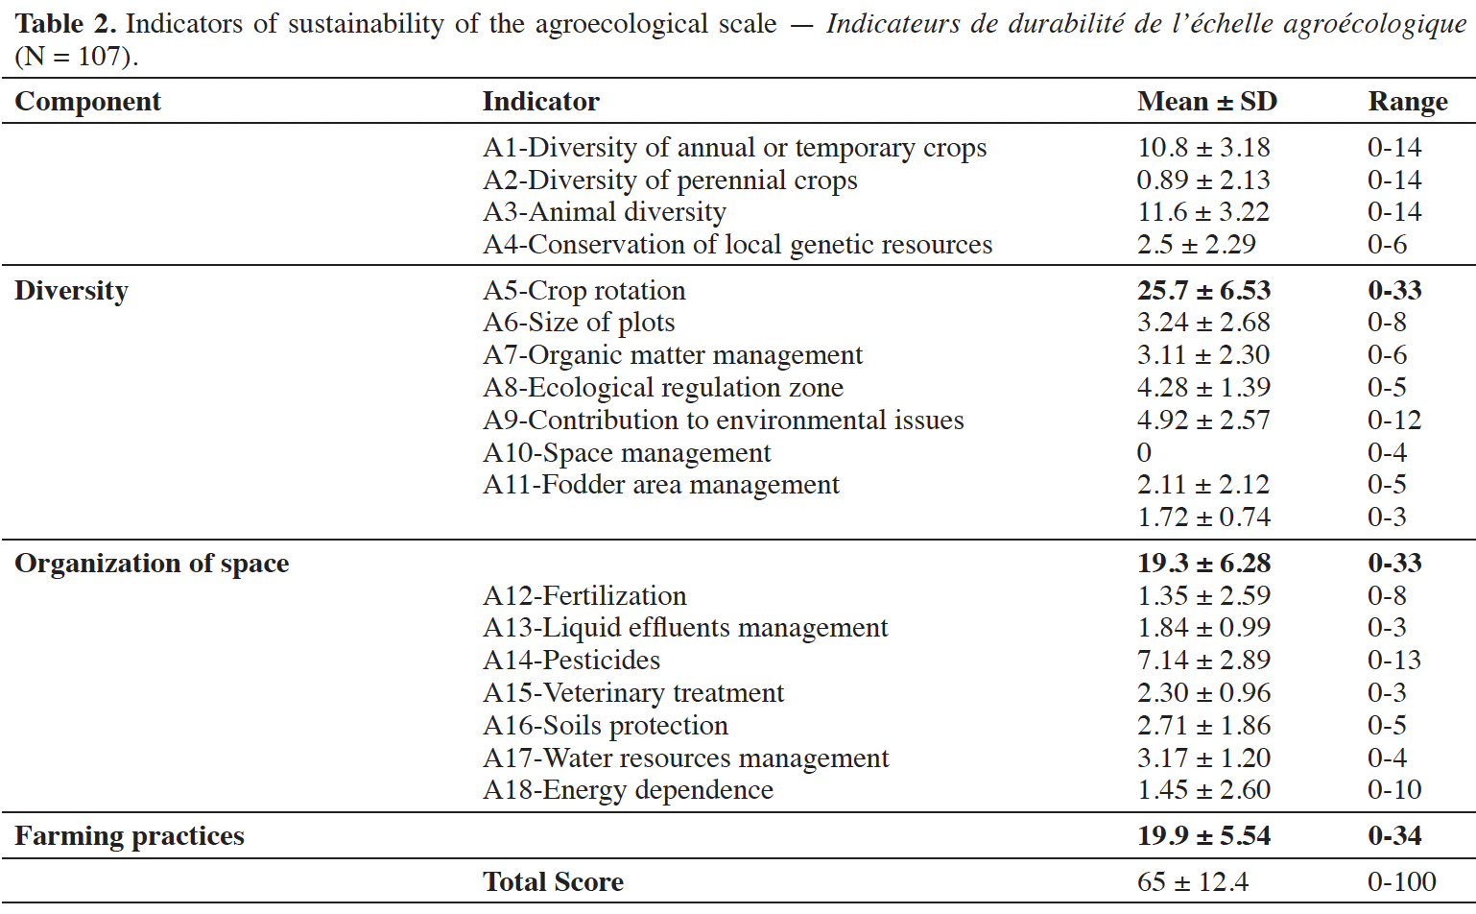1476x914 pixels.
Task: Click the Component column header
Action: [87, 102]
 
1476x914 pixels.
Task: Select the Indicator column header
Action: [541, 102]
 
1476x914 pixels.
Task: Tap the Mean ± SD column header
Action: [1207, 102]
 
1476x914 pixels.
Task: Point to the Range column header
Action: [1408, 102]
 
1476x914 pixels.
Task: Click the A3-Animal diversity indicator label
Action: [605, 212]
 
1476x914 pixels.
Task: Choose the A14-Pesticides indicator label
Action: [571, 661]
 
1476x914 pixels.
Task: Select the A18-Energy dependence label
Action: [628, 790]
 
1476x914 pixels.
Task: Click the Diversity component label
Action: [71, 291]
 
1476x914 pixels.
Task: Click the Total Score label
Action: [553, 882]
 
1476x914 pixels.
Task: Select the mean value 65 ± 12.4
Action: [1193, 882]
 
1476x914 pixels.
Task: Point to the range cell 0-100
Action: [1401, 882]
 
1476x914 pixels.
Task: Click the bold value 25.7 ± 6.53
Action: [1203, 291]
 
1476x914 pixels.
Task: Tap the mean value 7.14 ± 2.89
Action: [1203, 661]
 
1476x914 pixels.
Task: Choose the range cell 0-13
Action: [1394, 661]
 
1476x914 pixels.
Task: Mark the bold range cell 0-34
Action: [1394, 836]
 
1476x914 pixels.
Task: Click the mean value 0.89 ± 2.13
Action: [1203, 180]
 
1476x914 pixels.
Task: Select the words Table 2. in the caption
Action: [65, 24]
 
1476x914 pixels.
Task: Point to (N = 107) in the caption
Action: [77, 57]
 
